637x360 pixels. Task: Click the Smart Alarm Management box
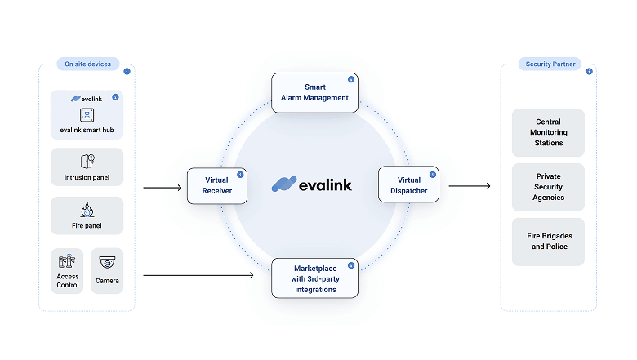point(315,92)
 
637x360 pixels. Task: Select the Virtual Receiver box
point(216,185)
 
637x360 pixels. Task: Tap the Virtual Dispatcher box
point(408,185)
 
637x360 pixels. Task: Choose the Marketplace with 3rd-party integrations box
point(315,278)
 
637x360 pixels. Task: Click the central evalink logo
point(311,184)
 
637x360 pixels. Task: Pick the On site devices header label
point(88,64)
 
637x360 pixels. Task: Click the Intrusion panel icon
point(87,161)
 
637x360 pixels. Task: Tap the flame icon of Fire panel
point(87,210)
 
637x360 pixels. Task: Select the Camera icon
point(107,262)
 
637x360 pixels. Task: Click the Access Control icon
point(67,261)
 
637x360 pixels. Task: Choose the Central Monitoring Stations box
point(548,132)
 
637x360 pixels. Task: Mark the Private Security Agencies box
point(548,187)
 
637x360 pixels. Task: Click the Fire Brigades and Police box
point(548,241)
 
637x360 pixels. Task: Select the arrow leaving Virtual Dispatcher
point(469,186)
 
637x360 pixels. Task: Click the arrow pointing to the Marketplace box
point(198,275)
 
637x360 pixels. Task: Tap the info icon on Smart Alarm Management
point(351,80)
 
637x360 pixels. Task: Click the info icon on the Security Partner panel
point(589,72)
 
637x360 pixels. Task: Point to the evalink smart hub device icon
point(87,114)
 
